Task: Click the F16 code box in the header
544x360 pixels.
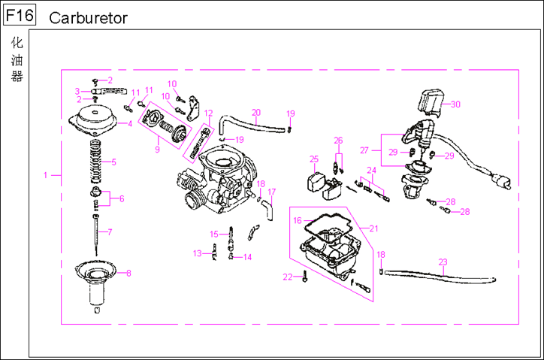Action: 18,16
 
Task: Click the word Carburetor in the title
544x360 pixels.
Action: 88,17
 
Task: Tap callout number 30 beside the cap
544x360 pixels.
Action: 455,104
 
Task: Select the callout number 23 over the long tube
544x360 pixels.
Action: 443,262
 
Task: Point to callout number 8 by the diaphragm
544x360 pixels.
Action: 128,273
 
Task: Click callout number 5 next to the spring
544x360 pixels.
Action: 113,161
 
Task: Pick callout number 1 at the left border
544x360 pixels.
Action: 46,175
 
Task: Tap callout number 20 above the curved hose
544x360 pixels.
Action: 255,113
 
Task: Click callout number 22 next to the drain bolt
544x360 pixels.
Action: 287,277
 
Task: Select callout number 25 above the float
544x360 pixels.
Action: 314,159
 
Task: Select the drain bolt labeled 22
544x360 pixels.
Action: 304,278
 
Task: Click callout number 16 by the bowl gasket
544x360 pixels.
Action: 298,221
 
